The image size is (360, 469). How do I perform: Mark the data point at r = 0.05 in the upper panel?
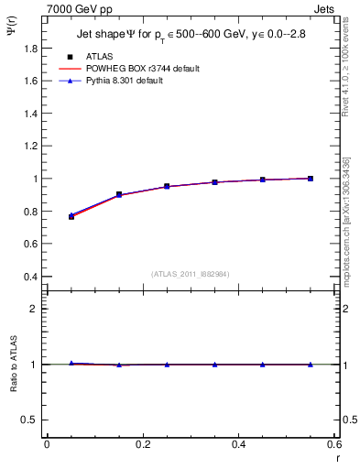71,216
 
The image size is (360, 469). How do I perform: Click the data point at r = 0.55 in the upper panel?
311,179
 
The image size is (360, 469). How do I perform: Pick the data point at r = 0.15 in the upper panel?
119,194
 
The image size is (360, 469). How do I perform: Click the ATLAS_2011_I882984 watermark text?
191,274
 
